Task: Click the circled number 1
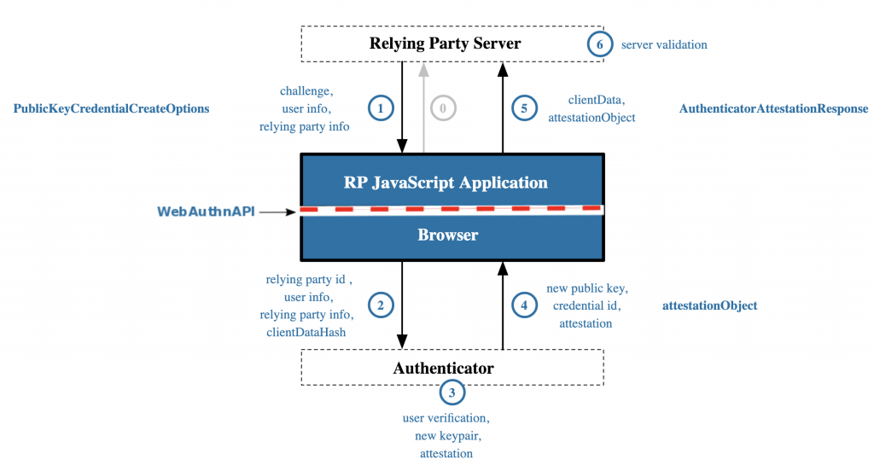tap(381, 108)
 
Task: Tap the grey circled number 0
tap(443, 108)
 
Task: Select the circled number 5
tap(525, 108)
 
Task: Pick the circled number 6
tap(600, 44)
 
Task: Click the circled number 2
tap(381, 305)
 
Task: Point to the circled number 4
tap(525, 305)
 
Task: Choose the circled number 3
tap(452, 392)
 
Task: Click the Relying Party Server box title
tap(445, 44)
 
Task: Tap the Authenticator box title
tap(443, 369)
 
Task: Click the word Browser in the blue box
tap(448, 235)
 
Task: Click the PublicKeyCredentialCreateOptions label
tap(111, 109)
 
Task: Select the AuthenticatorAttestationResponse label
tap(774, 109)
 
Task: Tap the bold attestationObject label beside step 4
tap(710, 305)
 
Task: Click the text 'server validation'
tap(664, 44)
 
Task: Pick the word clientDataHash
tap(306, 332)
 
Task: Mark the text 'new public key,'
tap(587, 288)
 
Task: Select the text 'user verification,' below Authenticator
tap(446, 419)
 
